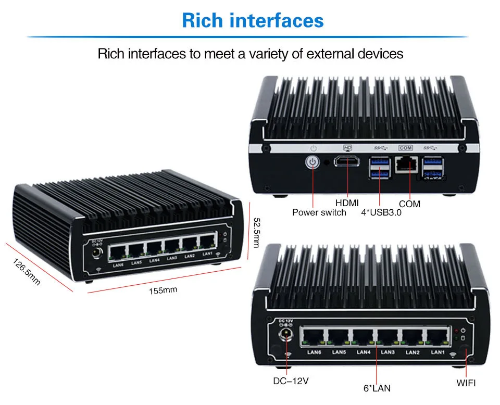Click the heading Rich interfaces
253,21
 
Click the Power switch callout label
319,212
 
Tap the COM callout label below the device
409,204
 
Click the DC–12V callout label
291,381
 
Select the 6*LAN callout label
377,388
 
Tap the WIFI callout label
466,383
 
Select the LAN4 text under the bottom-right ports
363,352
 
